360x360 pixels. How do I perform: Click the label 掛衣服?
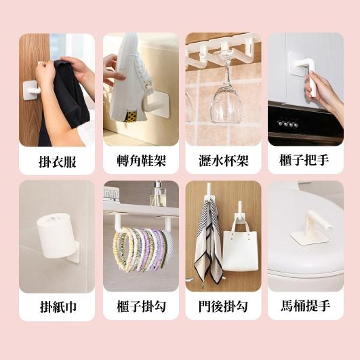(57, 161)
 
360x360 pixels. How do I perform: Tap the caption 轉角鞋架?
(141, 161)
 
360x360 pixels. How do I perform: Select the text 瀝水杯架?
(223, 161)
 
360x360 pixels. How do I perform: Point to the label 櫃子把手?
(304, 161)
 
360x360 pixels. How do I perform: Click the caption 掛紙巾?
(57, 307)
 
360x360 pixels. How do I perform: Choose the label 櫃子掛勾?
(141, 307)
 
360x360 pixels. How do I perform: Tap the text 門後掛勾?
(223, 307)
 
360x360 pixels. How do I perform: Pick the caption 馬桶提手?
(304, 307)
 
